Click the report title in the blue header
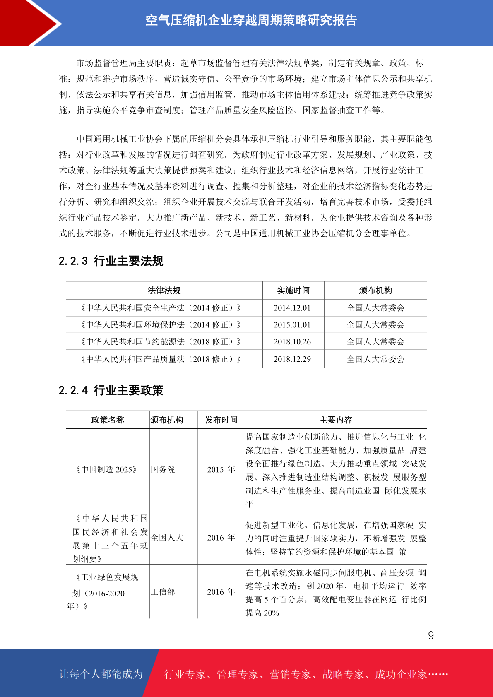click(251, 20)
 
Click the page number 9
click(431, 635)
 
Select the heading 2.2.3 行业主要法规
click(111, 261)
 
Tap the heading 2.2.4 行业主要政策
click(111, 390)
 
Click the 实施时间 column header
click(293, 291)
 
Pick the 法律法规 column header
click(164, 291)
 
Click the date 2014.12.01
click(292, 308)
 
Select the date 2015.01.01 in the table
click(292, 325)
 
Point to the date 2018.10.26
click(292, 342)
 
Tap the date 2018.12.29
click(292, 359)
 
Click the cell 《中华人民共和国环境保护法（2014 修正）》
click(161, 325)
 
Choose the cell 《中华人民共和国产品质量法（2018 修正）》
click(161, 359)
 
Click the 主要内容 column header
click(336, 420)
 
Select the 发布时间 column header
click(221, 420)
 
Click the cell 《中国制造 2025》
click(106, 469)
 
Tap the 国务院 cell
click(163, 469)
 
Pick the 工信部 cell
click(163, 592)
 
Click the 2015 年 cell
click(221, 469)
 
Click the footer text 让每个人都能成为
click(101, 674)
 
